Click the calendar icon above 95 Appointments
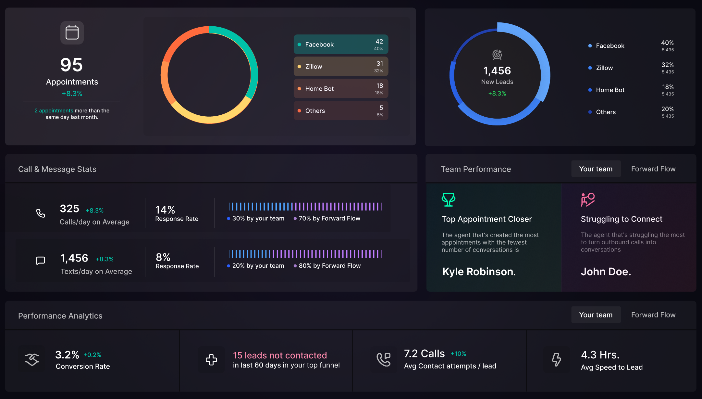pyautogui.click(x=72, y=33)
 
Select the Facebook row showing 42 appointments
pyautogui.click(x=341, y=45)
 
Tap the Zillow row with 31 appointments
pyautogui.click(x=341, y=67)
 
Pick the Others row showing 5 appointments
pyautogui.click(x=341, y=111)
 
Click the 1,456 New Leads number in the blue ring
pyautogui.click(x=497, y=71)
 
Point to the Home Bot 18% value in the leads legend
pyautogui.click(x=667, y=87)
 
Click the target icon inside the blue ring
pyautogui.click(x=497, y=55)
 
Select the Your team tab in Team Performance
pyautogui.click(x=596, y=169)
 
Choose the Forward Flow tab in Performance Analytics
pyautogui.click(x=653, y=315)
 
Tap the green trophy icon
pyautogui.click(x=448, y=199)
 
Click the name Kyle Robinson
pyautogui.click(x=479, y=272)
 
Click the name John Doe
pyautogui.click(x=606, y=272)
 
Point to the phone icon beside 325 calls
pyautogui.click(x=41, y=213)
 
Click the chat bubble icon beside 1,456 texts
pyautogui.click(x=41, y=261)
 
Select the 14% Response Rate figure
pyautogui.click(x=165, y=210)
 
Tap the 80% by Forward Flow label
pyautogui.click(x=329, y=266)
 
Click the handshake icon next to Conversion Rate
pyautogui.click(x=32, y=359)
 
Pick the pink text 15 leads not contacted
pyautogui.click(x=280, y=355)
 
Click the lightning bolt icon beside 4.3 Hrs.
pyautogui.click(x=556, y=359)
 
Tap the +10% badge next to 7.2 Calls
pyautogui.click(x=458, y=354)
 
